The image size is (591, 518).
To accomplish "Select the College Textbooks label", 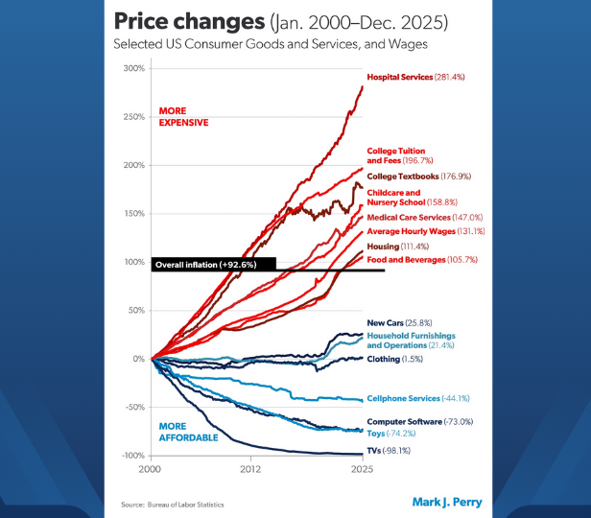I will (414, 177).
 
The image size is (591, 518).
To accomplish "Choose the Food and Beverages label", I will (419, 260).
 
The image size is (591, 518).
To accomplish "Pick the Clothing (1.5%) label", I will (396, 359).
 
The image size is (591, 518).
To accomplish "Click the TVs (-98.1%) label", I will (389, 450).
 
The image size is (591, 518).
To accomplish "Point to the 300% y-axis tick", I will (133, 68).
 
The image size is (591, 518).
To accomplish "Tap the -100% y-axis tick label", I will (131, 456).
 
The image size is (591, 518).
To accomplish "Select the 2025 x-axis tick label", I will (362, 471).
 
